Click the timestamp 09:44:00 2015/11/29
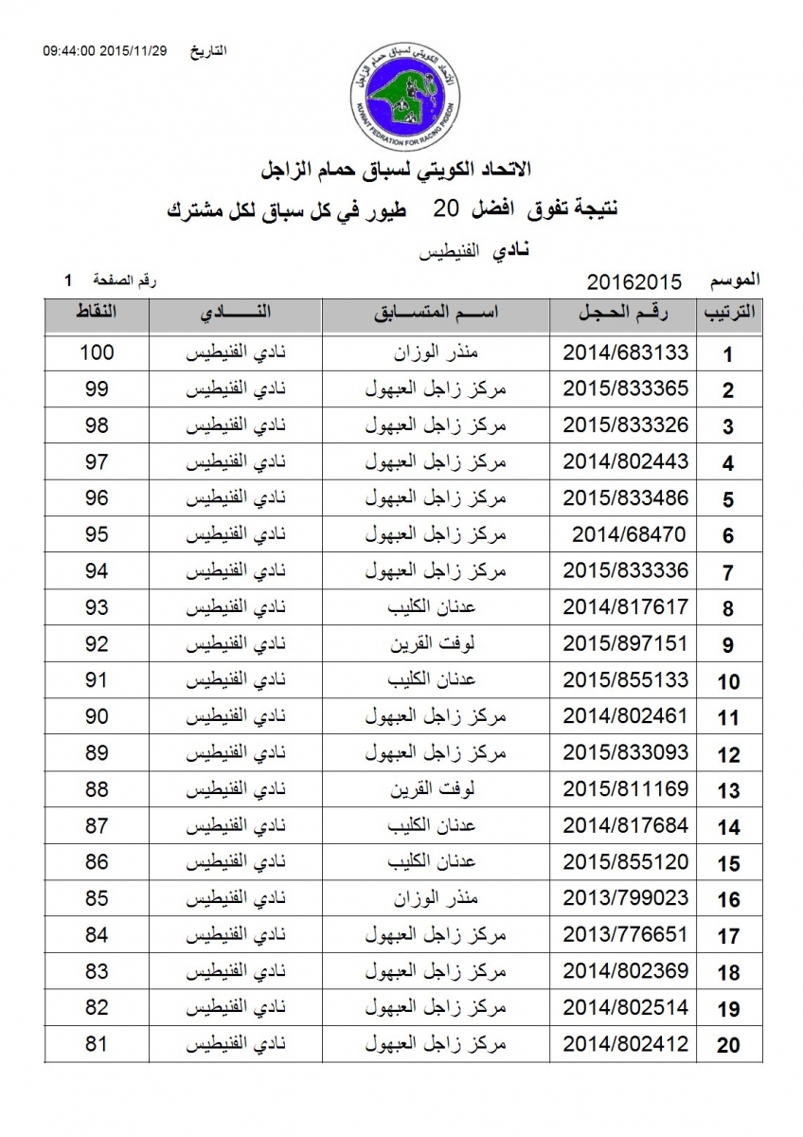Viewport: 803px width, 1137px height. [x=104, y=50]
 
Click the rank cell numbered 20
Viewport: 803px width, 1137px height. [x=727, y=1045]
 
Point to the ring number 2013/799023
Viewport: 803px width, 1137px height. [x=625, y=899]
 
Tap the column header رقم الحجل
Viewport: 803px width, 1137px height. [x=625, y=315]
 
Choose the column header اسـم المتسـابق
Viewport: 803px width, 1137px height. [x=437, y=315]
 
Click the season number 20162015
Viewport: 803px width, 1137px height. [x=634, y=281]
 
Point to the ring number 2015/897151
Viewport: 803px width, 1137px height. [x=625, y=644]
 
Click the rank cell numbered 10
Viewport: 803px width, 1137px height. [x=727, y=681]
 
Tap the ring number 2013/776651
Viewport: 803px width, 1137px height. [x=625, y=935]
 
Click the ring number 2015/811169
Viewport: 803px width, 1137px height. [x=625, y=790]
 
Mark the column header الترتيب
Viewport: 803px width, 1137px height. [x=727, y=315]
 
